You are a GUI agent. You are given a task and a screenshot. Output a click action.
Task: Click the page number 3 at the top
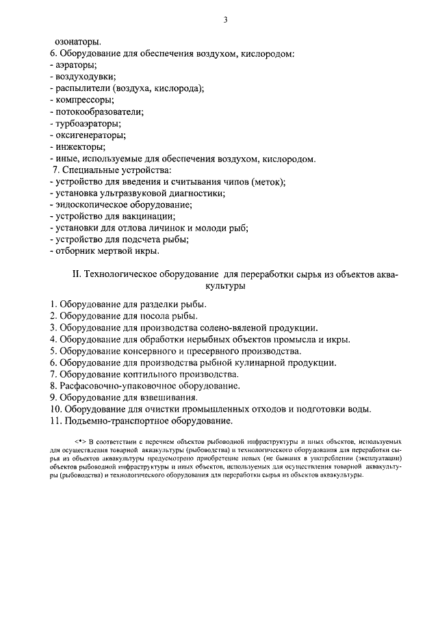[x=225, y=20]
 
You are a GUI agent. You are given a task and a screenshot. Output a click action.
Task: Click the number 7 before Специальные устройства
[x=55, y=169]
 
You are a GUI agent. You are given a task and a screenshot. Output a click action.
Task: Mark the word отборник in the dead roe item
[x=75, y=251]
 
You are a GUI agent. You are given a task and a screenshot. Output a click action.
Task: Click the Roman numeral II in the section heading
[x=77, y=275]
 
